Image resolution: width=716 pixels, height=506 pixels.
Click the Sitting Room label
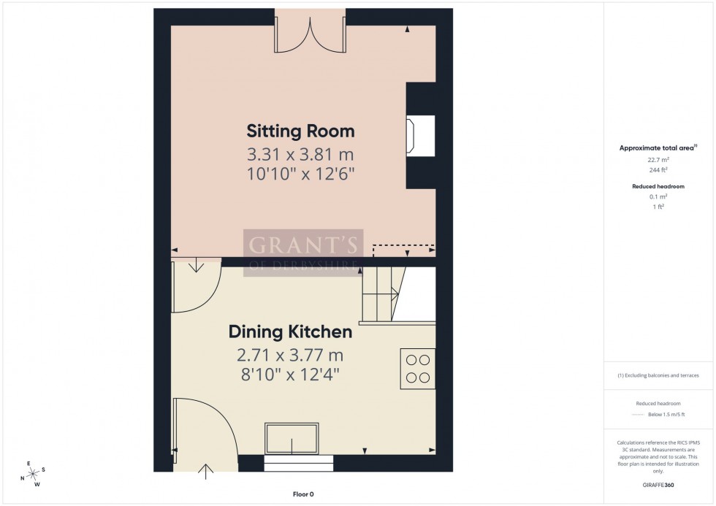point(300,131)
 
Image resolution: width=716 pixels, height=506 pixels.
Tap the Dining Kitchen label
point(290,332)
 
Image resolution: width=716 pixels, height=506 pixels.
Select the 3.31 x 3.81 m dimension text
point(300,155)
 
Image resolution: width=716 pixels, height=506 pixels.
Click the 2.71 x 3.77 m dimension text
point(290,356)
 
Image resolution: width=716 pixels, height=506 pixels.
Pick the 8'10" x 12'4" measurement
point(290,375)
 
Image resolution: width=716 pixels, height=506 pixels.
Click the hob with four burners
point(418,368)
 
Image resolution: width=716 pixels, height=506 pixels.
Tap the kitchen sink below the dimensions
point(292,438)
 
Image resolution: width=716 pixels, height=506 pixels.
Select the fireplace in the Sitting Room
point(420,134)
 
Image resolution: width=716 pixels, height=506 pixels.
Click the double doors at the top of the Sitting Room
point(310,34)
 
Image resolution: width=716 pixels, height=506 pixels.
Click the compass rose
point(32,473)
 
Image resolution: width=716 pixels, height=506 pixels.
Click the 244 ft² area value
point(658,170)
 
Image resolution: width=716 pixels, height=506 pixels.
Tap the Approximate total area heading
point(658,147)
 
